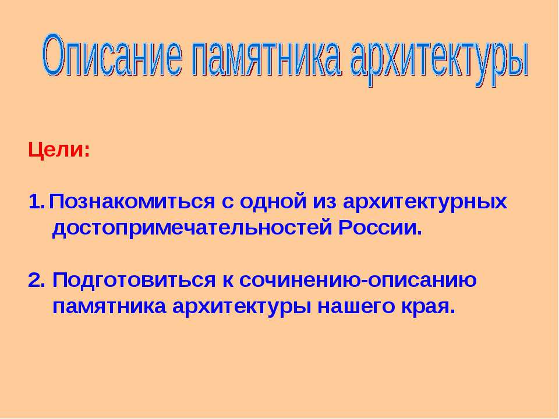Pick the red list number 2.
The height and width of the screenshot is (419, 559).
tap(36, 279)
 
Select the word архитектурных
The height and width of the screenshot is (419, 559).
tap(424, 202)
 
